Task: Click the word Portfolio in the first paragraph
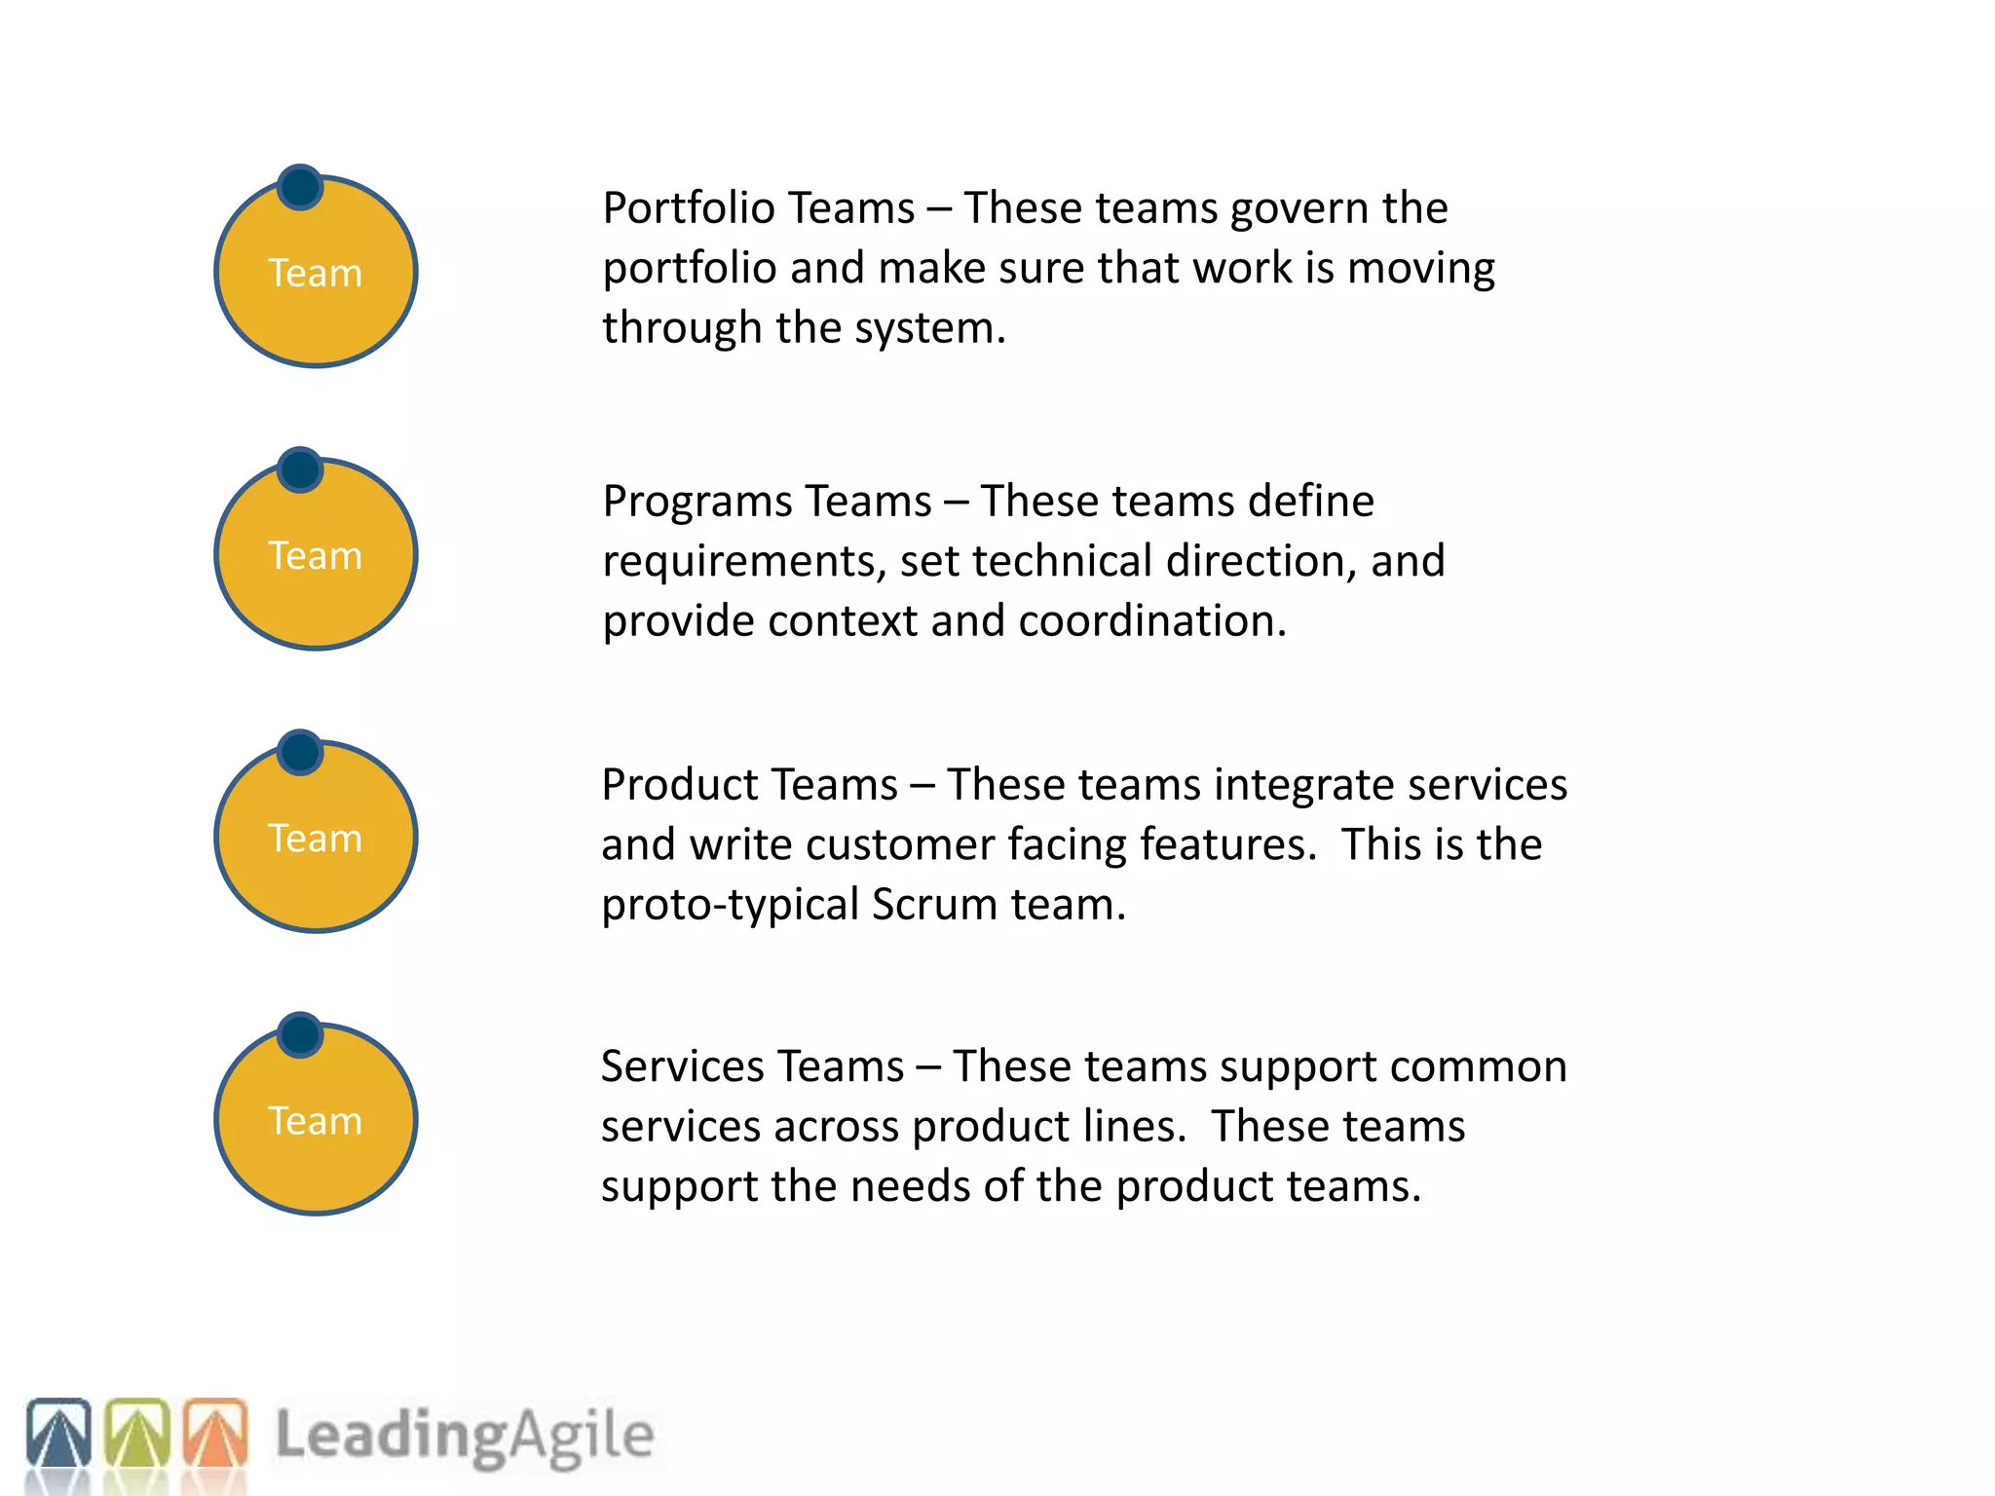[688, 208]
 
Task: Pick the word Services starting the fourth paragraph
[674, 1067]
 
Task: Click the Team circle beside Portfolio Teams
[316, 273]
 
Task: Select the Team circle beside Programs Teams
[316, 555]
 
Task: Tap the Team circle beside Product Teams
[316, 838]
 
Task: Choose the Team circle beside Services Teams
[316, 1120]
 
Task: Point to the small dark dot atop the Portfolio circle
[300, 187]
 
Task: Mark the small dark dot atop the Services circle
[300, 1034]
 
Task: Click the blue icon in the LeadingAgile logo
[58, 1434]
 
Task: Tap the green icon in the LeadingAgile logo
[136, 1434]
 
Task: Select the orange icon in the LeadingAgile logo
[215, 1434]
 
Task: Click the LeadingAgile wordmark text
[465, 1436]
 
